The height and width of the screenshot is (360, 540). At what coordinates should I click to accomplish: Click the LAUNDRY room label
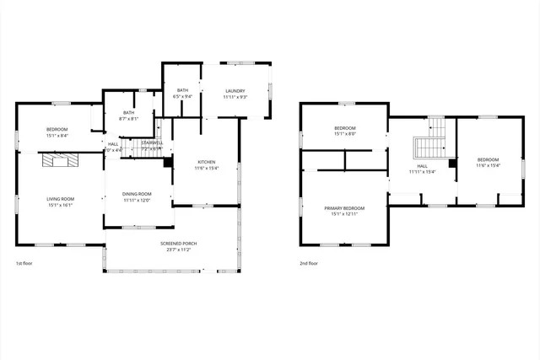[235, 91]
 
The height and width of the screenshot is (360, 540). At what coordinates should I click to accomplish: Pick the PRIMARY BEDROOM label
[344, 208]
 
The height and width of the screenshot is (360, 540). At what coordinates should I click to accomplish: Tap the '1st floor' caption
[24, 263]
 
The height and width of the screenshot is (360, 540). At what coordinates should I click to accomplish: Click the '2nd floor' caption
[309, 263]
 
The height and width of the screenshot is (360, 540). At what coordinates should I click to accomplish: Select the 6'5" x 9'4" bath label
[182, 96]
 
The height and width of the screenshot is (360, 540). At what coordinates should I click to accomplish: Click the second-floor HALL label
[422, 166]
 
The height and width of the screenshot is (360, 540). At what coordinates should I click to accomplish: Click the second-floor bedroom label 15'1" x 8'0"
[345, 133]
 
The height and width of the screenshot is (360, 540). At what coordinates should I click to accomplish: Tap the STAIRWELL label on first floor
[153, 143]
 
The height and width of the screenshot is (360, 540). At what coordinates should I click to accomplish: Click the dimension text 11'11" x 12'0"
[137, 200]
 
